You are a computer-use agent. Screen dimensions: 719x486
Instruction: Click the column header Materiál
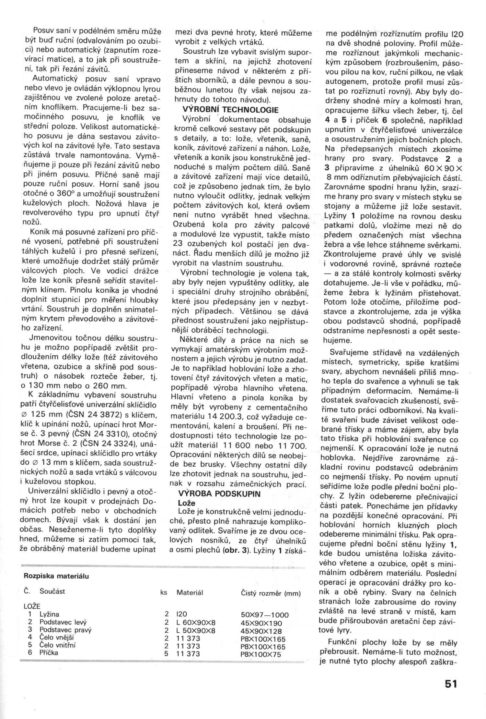click(x=190, y=592)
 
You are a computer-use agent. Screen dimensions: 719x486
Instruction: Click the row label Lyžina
click(x=49, y=614)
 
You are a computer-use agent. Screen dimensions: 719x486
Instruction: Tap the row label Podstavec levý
click(x=63, y=622)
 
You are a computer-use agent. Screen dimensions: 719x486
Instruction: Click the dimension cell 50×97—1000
click(x=265, y=615)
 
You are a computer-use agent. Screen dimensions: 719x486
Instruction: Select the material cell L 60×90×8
click(x=196, y=623)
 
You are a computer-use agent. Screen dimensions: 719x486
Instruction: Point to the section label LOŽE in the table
click(x=32, y=606)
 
